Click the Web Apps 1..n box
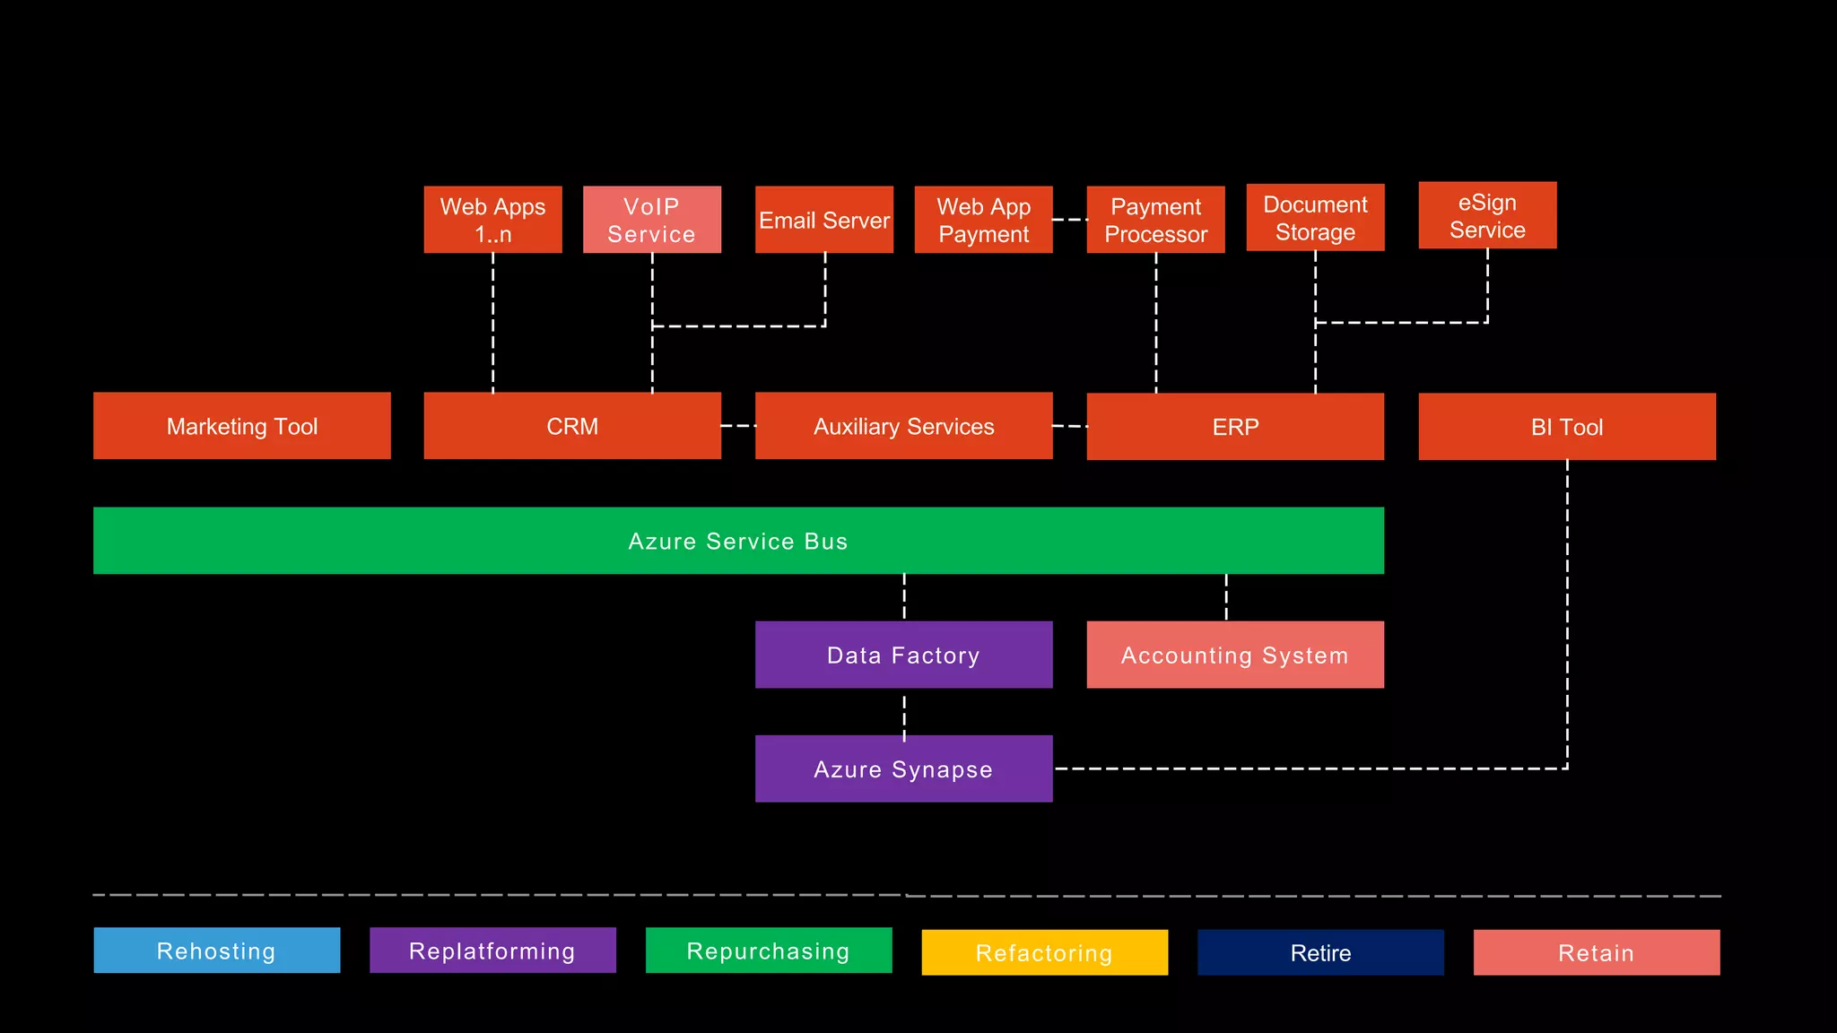(x=492, y=220)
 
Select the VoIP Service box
(x=651, y=220)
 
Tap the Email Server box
(x=823, y=220)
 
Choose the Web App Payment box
(x=983, y=220)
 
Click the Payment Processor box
(x=1155, y=220)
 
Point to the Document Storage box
(x=1315, y=217)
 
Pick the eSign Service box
(x=1487, y=215)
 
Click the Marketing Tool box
(x=241, y=426)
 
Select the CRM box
(x=572, y=426)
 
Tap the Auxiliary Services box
(x=903, y=426)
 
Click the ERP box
(x=1235, y=427)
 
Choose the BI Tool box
(x=1566, y=427)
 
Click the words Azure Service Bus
(x=737, y=542)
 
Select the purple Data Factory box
(x=903, y=655)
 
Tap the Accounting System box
(x=1235, y=655)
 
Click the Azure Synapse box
(x=903, y=768)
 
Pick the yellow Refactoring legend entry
(x=1044, y=952)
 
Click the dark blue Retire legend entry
(x=1320, y=952)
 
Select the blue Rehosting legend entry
(x=216, y=951)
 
